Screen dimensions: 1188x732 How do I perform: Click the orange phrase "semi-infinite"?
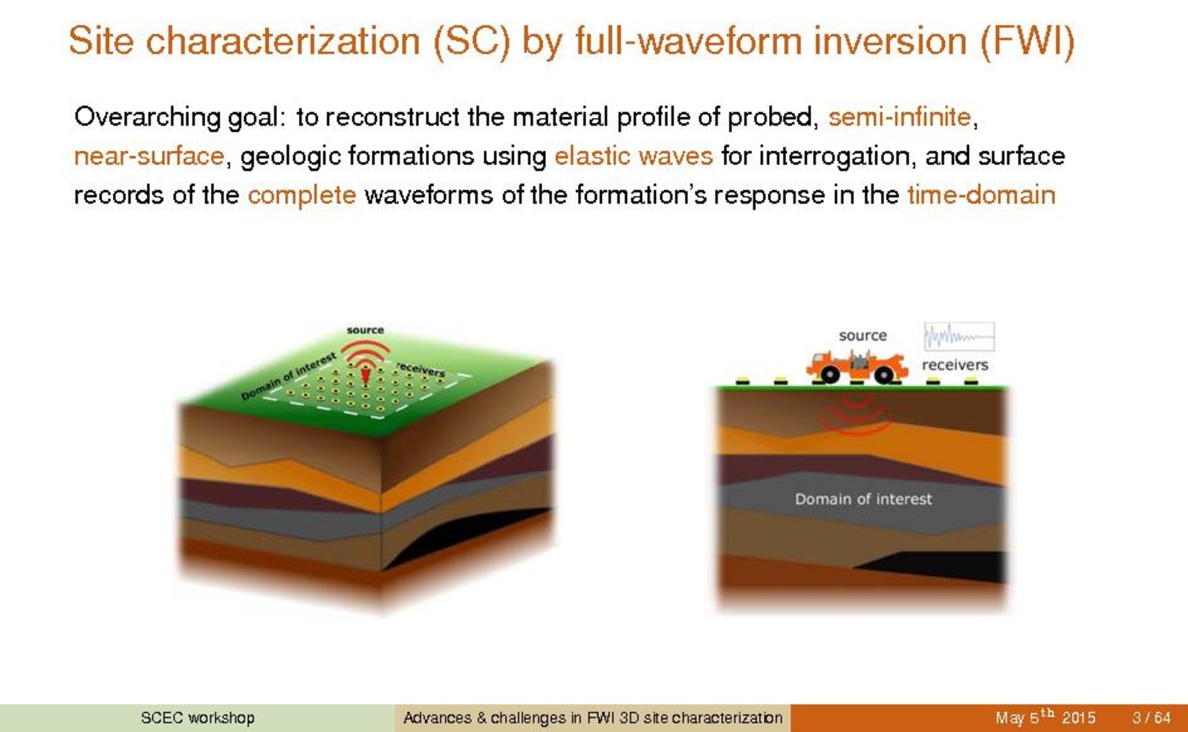coord(900,117)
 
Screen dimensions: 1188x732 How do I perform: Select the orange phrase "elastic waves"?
coord(634,156)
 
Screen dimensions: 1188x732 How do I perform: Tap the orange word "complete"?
coord(302,195)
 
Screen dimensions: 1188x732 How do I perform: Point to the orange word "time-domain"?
coord(981,195)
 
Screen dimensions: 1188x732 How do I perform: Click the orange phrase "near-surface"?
coord(149,156)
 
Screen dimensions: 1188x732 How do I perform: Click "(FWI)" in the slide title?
coord(1028,41)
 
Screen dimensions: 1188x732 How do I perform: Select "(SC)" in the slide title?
coord(472,41)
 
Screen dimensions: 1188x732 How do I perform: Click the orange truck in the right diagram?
coord(857,366)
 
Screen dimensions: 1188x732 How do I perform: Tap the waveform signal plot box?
coord(959,337)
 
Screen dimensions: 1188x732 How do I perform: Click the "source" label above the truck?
coord(863,335)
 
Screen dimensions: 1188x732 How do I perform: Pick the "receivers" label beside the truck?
coord(955,365)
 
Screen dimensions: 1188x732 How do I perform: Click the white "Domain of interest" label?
coord(863,499)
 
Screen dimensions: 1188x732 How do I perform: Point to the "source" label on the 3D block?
coord(365,330)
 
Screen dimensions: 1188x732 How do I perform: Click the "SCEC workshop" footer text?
coord(198,718)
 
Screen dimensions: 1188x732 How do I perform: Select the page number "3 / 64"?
coord(1151,718)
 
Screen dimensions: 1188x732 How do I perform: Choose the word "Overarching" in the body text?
coord(147,117)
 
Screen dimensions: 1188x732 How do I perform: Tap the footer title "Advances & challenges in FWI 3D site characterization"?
coord(592,718)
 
